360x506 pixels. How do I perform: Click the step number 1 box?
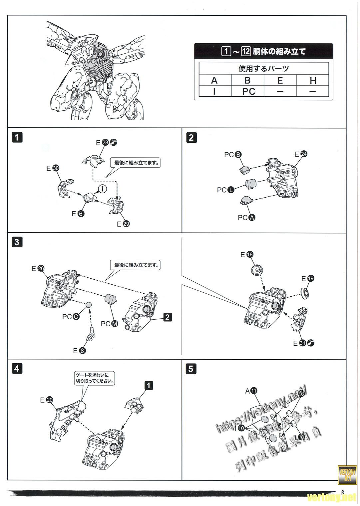17,137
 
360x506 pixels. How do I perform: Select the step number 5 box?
191,369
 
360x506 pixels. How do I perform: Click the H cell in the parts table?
313,80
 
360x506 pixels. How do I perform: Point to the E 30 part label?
53,168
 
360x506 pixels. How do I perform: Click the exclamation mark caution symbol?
103,189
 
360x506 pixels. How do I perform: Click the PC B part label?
233,155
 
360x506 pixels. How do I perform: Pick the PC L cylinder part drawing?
251,183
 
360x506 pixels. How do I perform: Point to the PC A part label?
246,218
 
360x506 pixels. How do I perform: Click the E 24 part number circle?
303,154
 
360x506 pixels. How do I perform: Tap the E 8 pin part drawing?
91,335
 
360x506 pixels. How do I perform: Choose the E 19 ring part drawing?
305,293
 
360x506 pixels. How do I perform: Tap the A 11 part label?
251,391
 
